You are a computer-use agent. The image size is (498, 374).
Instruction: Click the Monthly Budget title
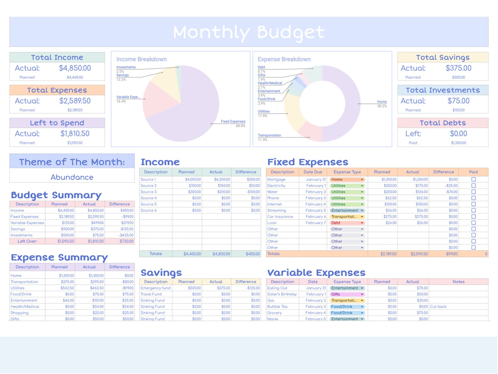249,32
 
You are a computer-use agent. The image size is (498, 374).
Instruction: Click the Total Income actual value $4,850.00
75,68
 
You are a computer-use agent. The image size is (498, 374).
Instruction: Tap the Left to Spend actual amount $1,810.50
75,134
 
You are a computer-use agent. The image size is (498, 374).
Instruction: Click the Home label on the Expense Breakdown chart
382,102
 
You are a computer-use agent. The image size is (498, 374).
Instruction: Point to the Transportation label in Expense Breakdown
269,135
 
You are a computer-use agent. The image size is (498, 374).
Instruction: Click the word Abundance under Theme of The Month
72,177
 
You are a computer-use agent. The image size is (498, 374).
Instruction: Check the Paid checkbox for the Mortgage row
473,180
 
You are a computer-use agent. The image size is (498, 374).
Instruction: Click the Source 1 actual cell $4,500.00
222,180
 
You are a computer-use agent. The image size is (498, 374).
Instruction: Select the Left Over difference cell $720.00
126,241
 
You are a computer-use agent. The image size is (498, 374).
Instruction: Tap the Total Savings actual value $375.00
458,68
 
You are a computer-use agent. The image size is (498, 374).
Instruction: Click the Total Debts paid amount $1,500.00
458,143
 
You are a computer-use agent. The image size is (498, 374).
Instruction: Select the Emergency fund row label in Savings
155,288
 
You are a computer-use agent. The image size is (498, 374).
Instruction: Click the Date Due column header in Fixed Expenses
313,172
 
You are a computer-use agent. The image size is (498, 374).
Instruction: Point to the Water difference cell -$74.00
451,192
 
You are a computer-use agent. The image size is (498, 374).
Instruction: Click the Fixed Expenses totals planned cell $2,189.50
388,254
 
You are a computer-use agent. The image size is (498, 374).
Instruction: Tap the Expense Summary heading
59,258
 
